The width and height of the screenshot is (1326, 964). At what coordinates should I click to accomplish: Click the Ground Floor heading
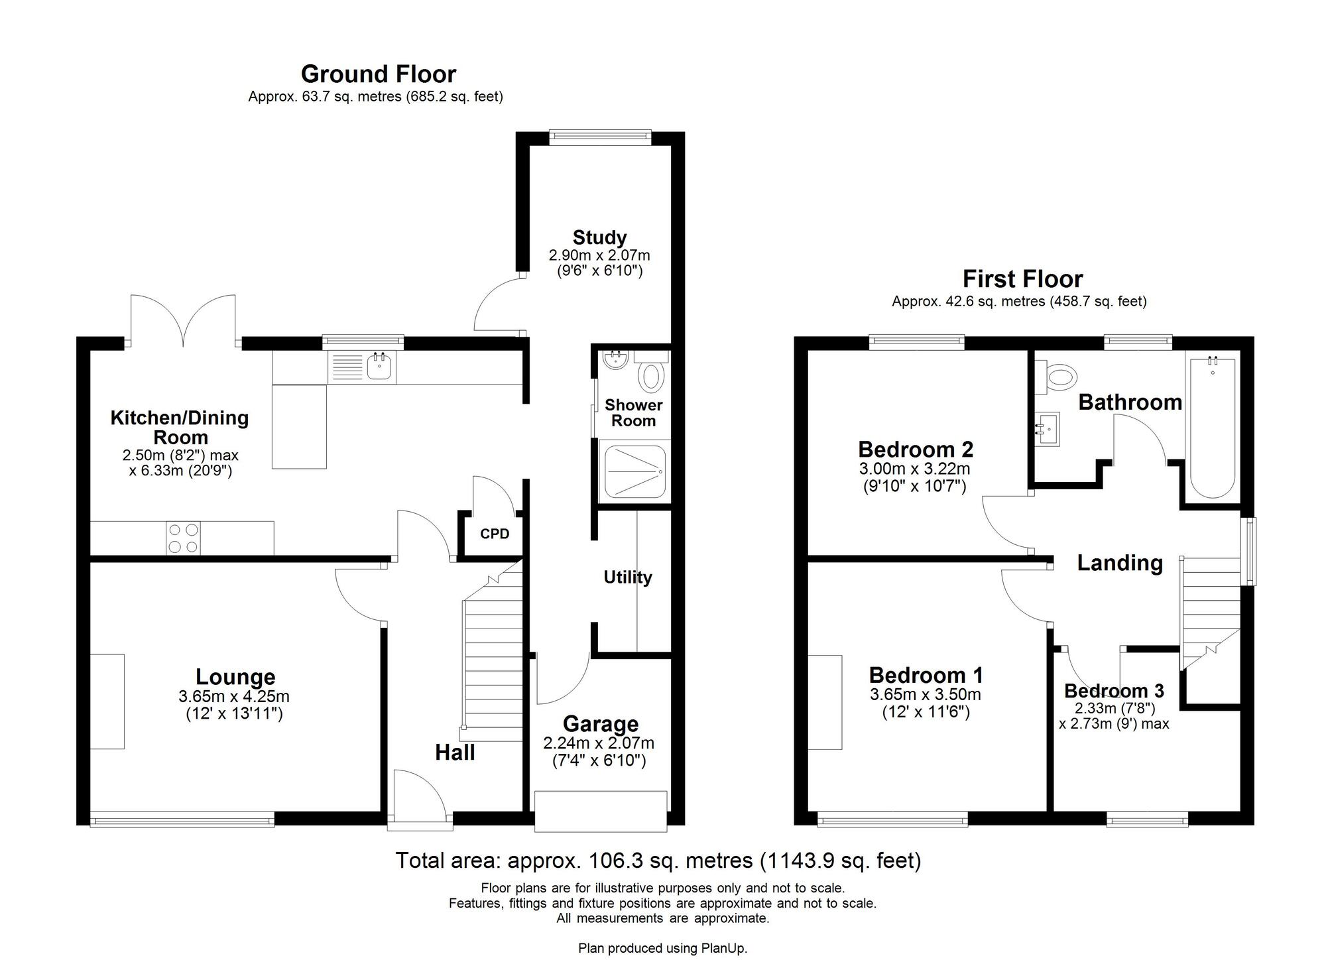[x=378, y=74]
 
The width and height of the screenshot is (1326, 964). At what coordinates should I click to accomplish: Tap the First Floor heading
[x=1022, y=278]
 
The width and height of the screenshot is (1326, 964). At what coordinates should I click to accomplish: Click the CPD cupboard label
[x=495, y=534]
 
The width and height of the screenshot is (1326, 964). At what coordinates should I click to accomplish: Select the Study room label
[x=599, y=237]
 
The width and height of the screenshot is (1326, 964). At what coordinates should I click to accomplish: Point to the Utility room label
[x=627, y=577]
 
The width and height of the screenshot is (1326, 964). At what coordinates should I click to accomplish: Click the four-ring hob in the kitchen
[x=184, y=538]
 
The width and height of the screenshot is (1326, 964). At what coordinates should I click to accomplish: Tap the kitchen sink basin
[x=379, y=366]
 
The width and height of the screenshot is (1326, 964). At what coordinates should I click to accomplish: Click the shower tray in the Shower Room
[x=633, y=471]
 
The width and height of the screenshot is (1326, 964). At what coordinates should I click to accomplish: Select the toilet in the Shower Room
[x=651, y=377]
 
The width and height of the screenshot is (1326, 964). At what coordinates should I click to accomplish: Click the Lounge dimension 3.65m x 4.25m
[x=233, y=697]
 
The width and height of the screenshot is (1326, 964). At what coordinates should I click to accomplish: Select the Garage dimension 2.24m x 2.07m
[x=599, y=743]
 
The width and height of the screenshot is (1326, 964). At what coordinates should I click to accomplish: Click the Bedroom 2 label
[x=915, y=449]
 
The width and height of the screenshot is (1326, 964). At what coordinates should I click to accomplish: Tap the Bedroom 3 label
[x=1114, y=691]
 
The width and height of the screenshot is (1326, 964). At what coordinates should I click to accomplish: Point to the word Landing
[x=1119, y=563]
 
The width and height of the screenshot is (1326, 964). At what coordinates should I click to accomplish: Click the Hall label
[x=455, y=753]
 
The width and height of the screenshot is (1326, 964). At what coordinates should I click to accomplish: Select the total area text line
[x=658, y=861]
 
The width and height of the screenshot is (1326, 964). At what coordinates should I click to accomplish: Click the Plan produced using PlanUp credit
[x=662, y=949]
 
